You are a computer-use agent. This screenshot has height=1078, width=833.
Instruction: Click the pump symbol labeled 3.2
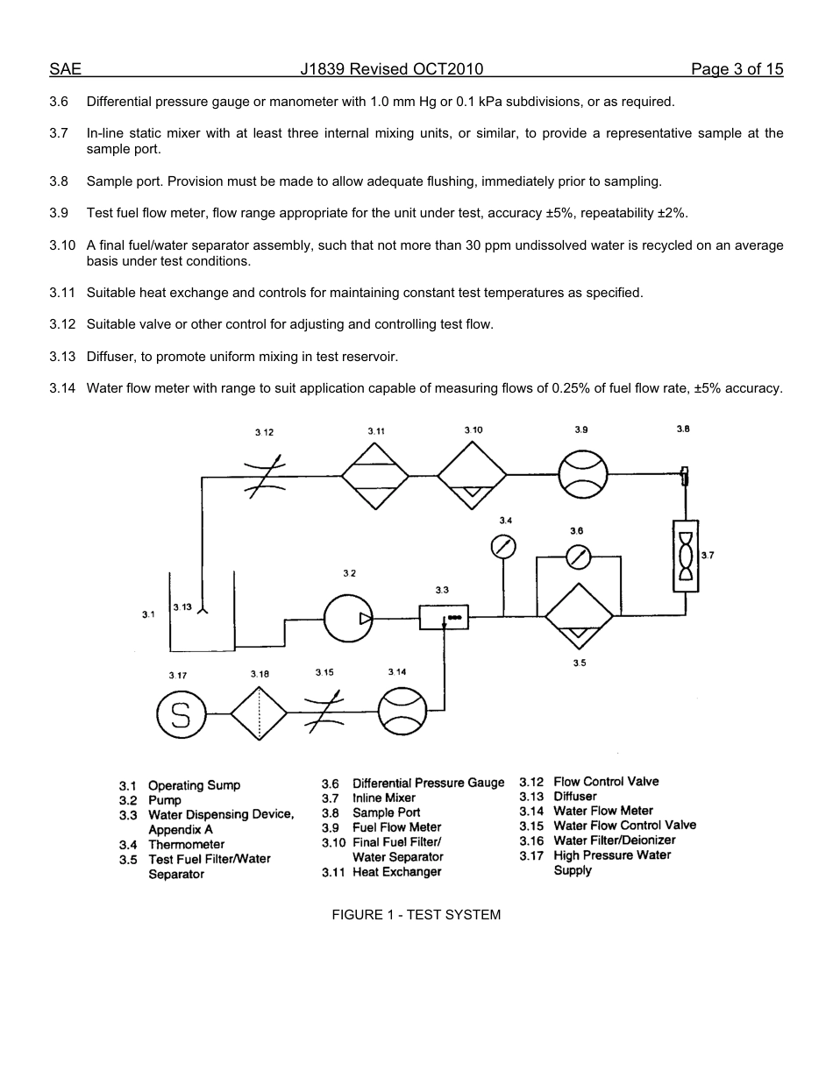(x=348, y=619)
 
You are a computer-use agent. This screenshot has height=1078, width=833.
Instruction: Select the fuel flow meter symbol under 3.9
(x=583, y=474)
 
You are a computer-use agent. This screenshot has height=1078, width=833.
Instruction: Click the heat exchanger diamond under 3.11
(x=375, y=475)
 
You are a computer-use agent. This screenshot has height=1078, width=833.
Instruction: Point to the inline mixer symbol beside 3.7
(x=686, y=556)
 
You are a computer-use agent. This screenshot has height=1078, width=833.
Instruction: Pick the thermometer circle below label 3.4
(x=503, y=547)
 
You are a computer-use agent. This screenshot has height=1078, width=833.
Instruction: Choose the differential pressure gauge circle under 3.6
(x=578, y=557)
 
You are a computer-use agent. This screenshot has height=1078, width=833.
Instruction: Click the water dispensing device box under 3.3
(x=444, y=618)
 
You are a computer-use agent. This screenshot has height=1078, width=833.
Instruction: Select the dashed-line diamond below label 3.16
(x=260, y=713)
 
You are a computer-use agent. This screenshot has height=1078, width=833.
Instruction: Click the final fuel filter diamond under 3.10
(x=473, y=476)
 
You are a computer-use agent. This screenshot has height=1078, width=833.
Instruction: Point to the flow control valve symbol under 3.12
(x=264, y=477)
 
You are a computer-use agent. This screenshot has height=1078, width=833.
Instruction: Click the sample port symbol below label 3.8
(x=685, y=476)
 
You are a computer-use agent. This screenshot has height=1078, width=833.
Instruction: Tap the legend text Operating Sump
(x=194, y=785)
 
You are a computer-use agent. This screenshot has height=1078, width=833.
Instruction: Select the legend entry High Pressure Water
(x=612, y=855)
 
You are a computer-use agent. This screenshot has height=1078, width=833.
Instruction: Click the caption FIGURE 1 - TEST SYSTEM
(x=416, y=915)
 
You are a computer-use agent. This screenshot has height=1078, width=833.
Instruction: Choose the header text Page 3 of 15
(x=737, y=69)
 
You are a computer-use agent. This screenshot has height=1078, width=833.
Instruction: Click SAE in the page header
(x=65, y=69)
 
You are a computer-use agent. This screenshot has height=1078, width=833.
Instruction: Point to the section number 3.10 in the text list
(x=62, y=245)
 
